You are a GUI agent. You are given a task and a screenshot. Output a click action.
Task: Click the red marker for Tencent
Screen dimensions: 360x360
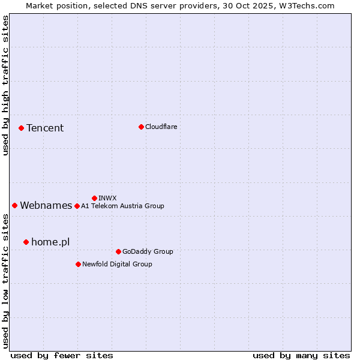[x=21, y=128]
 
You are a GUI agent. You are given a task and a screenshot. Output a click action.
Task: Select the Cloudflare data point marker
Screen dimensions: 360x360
[x=141, y=127]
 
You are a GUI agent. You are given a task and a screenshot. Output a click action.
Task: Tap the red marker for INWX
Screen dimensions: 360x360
[x=94, y=198]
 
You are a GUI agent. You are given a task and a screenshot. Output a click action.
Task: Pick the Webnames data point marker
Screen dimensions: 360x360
[x=14, y=205]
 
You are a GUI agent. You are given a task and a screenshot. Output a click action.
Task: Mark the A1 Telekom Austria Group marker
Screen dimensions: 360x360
[x=77, y=206]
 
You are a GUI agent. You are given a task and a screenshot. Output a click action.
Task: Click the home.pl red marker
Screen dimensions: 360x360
[x=26, y=242]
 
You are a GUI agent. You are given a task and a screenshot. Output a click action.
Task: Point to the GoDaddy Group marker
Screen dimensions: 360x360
[x=118, y=251]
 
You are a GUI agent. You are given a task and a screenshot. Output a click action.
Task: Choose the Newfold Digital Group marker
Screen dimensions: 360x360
[x=78, y=264]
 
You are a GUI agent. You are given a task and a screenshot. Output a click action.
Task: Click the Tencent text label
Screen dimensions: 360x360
[x=45, y=128]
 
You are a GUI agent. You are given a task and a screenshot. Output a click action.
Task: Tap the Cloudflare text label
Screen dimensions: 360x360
[x=161, y=127]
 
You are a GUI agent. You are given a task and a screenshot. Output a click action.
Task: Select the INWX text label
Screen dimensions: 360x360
[x=107, y=198]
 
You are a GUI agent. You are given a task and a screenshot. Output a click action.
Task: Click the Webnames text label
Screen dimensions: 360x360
[x=46, y=205]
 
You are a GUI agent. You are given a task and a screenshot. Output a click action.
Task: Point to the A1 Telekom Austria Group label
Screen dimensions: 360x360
[x=122, y=206]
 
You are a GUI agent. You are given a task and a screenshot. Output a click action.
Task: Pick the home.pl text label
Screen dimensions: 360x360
[x=50, y=242]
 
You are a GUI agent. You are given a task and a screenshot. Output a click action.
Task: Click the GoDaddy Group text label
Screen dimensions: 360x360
[x=148, y=251]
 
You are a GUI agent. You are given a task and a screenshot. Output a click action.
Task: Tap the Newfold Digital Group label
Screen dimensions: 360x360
[x=117, y=264]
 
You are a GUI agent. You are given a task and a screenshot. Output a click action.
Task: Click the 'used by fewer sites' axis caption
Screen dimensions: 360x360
[x=62, y=355]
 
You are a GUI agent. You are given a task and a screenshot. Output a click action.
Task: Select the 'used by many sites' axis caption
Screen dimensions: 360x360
[x=301, y=355]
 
